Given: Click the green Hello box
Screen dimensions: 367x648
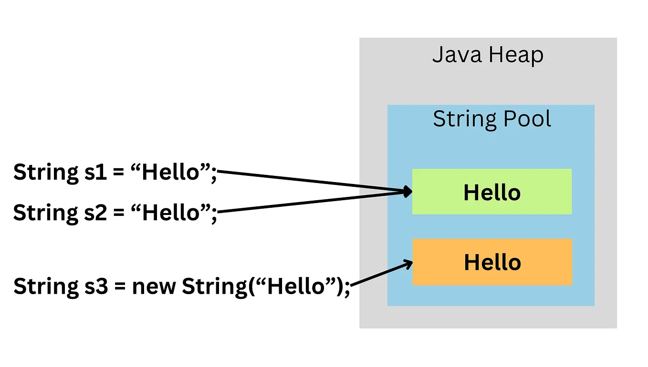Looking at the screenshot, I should tap(491, 192).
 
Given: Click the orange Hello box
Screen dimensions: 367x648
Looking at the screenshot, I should tap(492, 262).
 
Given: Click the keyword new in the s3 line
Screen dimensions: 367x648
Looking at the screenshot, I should tap(154, 286).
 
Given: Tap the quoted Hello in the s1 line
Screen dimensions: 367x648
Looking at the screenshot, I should tap(170, 172).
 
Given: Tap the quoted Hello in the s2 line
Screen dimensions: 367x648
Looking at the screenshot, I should tap(170, 213).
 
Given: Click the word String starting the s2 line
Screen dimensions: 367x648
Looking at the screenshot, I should tap(43, 213).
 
